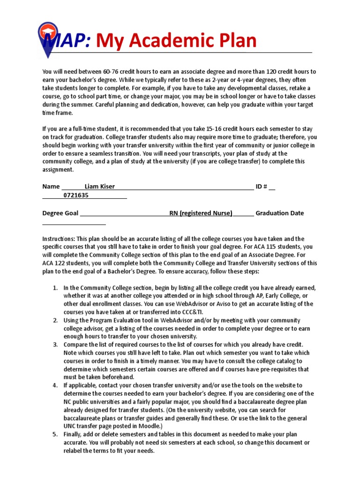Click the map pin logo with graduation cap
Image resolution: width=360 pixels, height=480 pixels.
pos(47,38)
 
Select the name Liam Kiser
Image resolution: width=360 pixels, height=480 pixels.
pos(99,187)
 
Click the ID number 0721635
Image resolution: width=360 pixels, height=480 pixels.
pos(76,195)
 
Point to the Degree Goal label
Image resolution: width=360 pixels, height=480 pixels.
pos(60,213)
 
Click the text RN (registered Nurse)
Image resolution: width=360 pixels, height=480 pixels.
pos(201,213)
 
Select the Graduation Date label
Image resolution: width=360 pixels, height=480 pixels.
pos(279,213)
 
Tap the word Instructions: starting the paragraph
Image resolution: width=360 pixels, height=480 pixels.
pos(58,239)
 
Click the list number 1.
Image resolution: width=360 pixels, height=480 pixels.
pos(55,287)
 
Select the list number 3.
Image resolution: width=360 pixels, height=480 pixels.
pos(55,345)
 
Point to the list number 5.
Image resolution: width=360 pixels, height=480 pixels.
pos(55,435)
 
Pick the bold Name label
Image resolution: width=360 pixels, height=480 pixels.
pos(51,187)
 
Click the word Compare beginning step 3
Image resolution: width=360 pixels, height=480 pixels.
pos(76,345)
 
